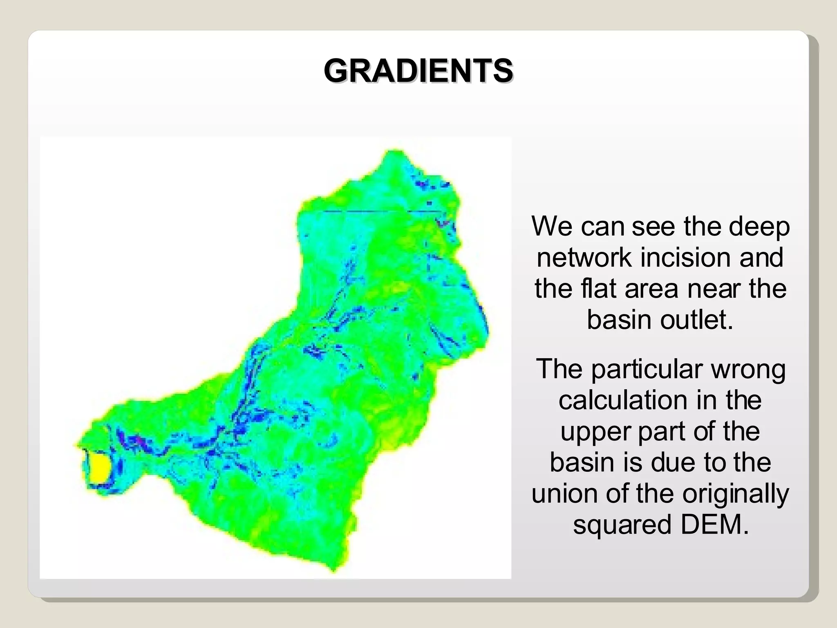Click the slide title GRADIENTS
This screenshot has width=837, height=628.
pos(418,71)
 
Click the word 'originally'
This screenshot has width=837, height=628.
pos(736,493)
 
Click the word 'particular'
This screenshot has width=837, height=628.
pos(647,369)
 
